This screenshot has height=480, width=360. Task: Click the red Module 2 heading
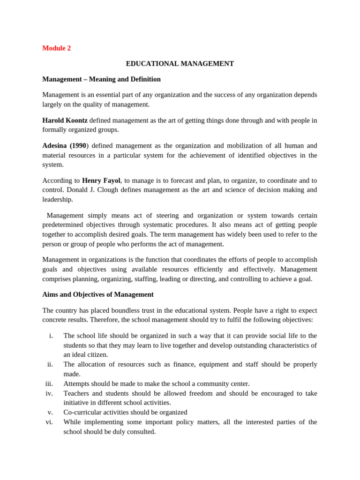pyautogui.click(x=56, y=48)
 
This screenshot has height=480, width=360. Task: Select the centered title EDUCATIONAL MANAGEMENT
pyautogui.click(x=180, y=63)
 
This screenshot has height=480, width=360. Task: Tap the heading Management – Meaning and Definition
pyautogui.click(x=101, y=79)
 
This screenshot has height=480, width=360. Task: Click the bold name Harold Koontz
pyautogui.click(x=65, y=120)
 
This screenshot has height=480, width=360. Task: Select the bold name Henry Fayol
pyautogui.click(x=101, y=180)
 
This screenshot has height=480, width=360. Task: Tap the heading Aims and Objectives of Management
pyautogui.click(x=98, y=294)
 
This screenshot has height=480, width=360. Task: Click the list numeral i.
pyautogui.click(x=51, y=336)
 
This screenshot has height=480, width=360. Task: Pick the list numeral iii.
pyautogui.click(x=49, y=383)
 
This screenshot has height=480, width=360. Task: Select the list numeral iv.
pyautogui.click(x=49, y=393)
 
